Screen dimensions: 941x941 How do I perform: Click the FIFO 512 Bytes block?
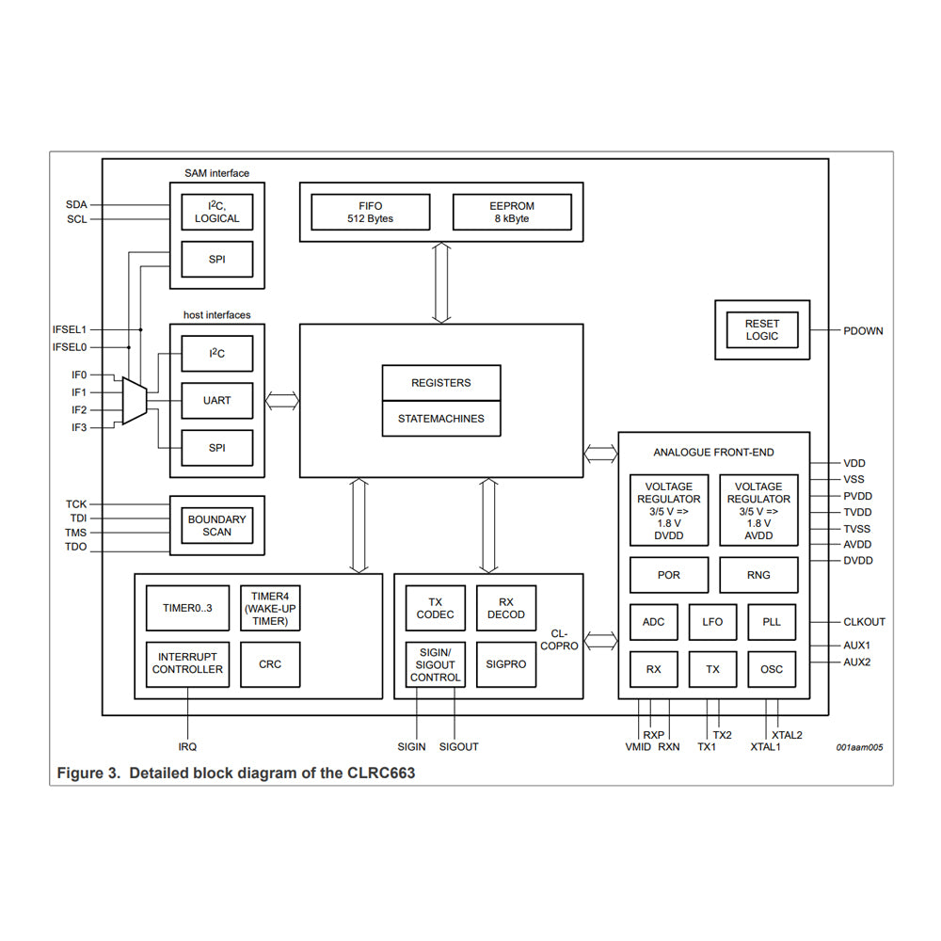pos(370,212)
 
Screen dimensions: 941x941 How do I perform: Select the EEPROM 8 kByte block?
pos(512,212)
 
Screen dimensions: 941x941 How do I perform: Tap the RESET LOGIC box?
pos(761,329)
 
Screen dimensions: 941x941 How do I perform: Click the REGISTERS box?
pos(440,383)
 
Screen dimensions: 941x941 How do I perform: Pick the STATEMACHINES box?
pos(440,419)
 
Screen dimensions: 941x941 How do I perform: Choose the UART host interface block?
pos(216,401)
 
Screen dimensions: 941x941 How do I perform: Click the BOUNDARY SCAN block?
pos(216,525)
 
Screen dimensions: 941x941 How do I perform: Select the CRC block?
pos(270,664)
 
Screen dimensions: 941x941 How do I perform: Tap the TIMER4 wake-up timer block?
pos(270,609)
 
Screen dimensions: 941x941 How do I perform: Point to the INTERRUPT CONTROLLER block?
pos(187,663)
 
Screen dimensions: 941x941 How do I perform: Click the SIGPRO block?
pos(506,664)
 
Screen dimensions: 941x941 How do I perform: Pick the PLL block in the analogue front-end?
pos(772,622)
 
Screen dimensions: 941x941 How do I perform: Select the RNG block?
pos(758,575)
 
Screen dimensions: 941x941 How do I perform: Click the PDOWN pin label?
pos(863,331)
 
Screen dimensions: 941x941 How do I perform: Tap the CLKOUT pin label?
pos(864,622)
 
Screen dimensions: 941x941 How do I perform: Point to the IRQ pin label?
pos(187,747)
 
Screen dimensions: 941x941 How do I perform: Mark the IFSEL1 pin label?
pos(70,330)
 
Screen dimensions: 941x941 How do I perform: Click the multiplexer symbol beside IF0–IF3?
pos(134,401)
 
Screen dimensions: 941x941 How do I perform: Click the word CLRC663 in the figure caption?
pos(379,774)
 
